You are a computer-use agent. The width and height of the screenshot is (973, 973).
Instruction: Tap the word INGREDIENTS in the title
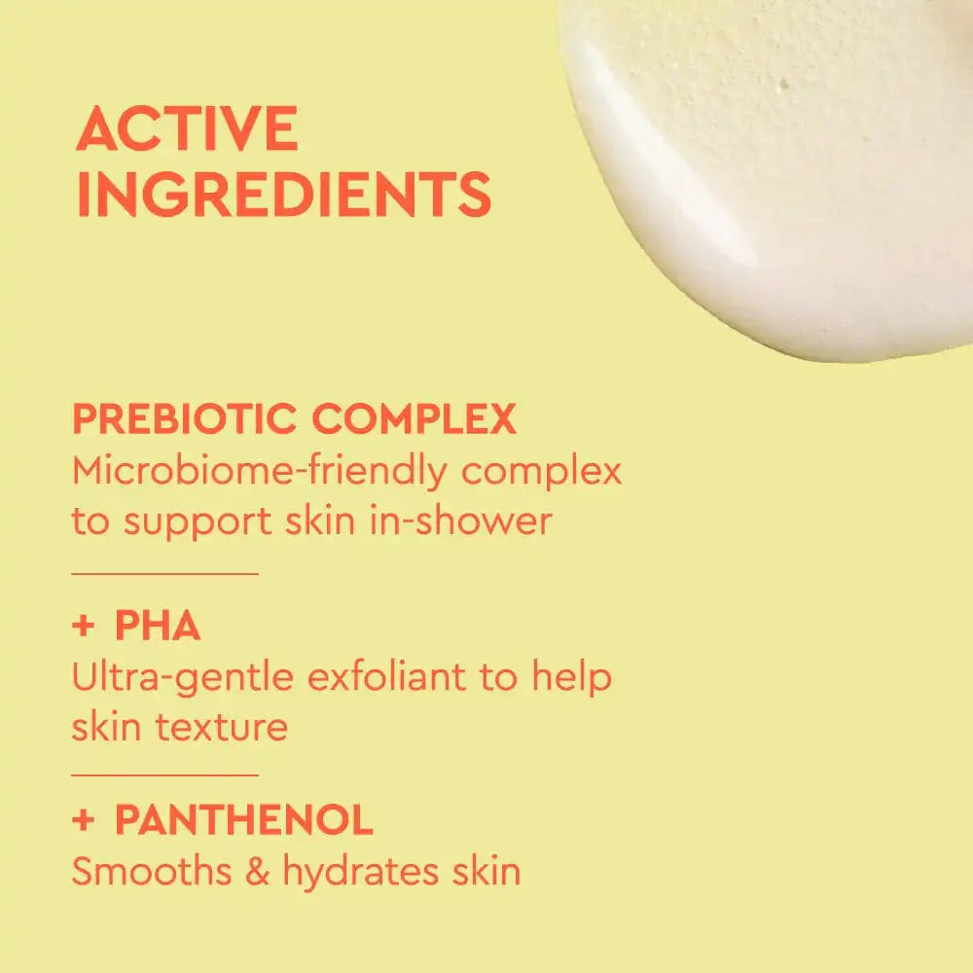coord(284,195)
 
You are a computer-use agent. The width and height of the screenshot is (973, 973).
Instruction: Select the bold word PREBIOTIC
coord(184,418)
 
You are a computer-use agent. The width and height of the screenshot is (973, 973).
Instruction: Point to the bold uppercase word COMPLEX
coord(414,418)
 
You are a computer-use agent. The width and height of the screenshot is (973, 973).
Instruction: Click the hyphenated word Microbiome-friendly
coord(260,471)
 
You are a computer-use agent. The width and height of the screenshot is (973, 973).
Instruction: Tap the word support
coord(198,523)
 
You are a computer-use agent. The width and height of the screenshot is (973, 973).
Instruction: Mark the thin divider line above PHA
coord(164,574)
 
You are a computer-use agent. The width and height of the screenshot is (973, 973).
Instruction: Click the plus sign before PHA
coord(83,626)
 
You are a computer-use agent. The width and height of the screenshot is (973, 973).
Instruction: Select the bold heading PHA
coord(158,625)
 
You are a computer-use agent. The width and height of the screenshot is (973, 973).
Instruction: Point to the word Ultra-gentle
coord(183,677)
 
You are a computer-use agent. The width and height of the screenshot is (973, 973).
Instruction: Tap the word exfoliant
coord(386,676)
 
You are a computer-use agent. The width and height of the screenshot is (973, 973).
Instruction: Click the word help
coord(571,677)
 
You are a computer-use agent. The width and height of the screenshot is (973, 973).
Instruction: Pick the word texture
coord(222,727)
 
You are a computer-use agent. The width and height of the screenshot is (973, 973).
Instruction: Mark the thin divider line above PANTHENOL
coord(164,775)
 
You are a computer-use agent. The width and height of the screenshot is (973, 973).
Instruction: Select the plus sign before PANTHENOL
coord(83,820)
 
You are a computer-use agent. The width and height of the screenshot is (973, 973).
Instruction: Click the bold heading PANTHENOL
coord(244,819)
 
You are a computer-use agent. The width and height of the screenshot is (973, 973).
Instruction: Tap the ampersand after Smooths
coord(257,871)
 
